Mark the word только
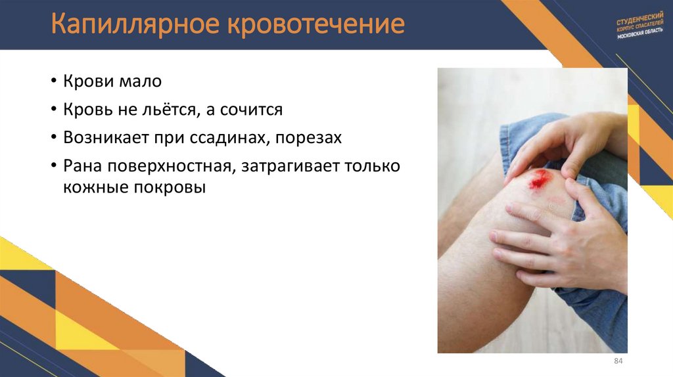(x=373, y=166)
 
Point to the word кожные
(x=95, y=188)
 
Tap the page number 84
(x=618, y=362)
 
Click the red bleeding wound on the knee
(x=540, y=177)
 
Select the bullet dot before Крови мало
(x=53, y=82)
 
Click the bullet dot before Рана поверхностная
(x=53, y=166)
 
